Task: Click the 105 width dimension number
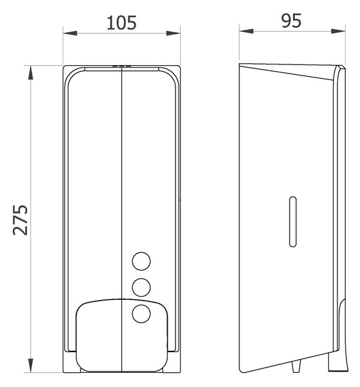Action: [x=121, y=23]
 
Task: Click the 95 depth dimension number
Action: [x=292, y=21]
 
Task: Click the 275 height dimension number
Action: [x=21, y=220]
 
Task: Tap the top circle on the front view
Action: [x=141, y=261]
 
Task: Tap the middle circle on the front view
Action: [x=141, y=287]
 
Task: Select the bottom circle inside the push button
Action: [x=141, y=313]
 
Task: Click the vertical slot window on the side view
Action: [x=293, y=222]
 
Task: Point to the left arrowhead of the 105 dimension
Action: [x=70, y=34]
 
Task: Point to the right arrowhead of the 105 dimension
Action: [x=174, y=34]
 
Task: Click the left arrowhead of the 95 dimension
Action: [x=246, y=31]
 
